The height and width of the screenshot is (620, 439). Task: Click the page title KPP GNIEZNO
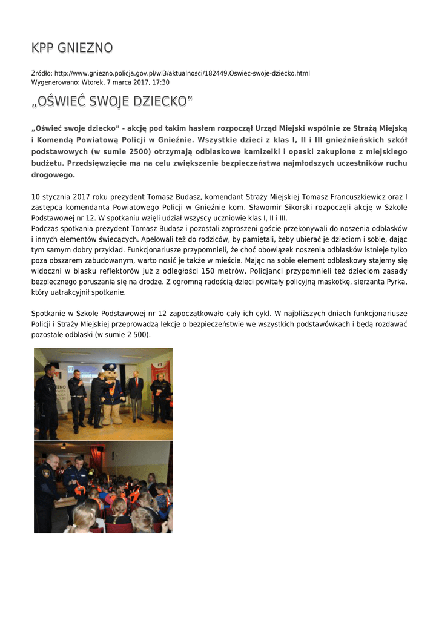click(x=72, y=48)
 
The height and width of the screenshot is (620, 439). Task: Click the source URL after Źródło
click(x=182, y=73)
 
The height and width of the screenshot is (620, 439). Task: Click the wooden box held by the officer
click(x=65, y=502)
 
